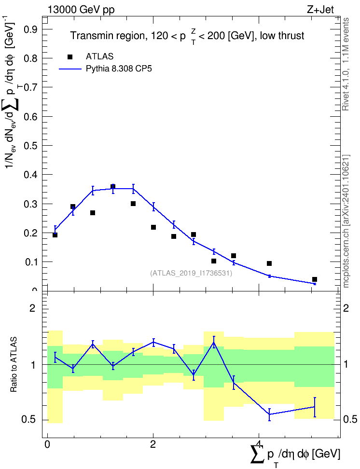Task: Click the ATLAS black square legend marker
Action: (70, 56)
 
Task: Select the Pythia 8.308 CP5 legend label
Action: (119, 69)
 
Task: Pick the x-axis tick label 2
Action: (153, 444)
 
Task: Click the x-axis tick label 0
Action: (47, 444)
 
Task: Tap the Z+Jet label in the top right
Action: (320, 10)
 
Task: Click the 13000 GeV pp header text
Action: (81, 10)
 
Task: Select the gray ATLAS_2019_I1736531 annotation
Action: (191, 273)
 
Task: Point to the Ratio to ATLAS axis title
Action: (14, 365)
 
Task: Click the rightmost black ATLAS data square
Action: (315, 279)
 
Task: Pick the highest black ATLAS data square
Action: (113, 187)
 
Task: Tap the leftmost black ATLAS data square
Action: (55, 235)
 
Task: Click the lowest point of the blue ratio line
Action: (270, 414)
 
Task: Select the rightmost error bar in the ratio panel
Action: (315, 407)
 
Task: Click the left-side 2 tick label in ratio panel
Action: (32, 308)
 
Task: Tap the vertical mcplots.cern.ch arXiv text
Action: (346, 221)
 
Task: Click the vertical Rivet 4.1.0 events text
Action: (346, 64)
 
